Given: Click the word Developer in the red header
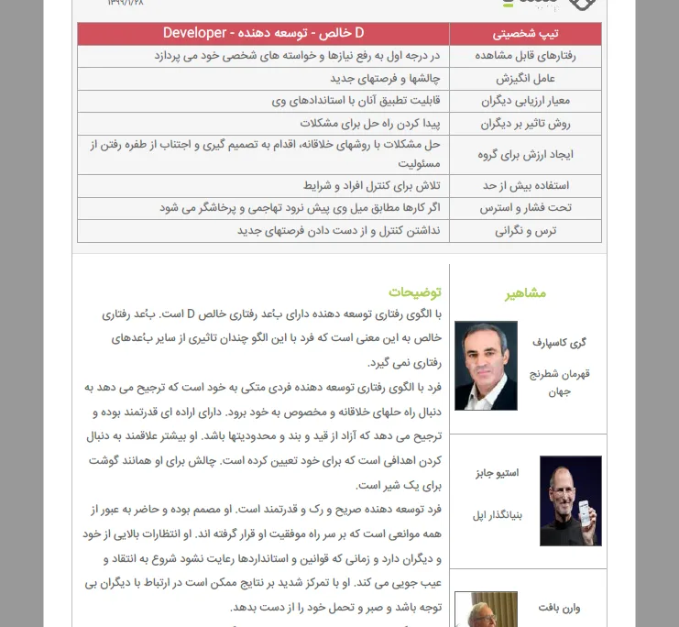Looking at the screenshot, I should tap(194, 33).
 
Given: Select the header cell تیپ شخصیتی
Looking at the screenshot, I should tap(524, 34).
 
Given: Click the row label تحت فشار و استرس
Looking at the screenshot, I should tap(532, 208).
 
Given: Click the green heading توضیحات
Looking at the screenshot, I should tap(414, 292).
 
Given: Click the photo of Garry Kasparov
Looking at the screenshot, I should tap(486, 365).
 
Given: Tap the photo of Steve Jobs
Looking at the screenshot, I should tap(570, 500).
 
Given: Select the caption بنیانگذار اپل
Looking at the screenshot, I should tap(498, 514).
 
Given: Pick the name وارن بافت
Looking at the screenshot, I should tap(562, 607).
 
